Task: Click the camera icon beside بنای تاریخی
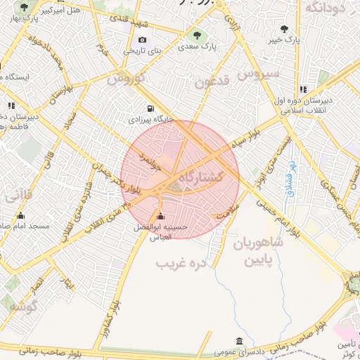pos(143,40)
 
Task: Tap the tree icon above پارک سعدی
pos(197,34)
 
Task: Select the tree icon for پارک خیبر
pos(284,29)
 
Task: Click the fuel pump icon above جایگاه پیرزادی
pos(150,108)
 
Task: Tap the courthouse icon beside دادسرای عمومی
pos(240,342)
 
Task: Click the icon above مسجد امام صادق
pos(20,215)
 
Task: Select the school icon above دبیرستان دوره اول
pos(303,89)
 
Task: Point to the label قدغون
pos(214,82)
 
